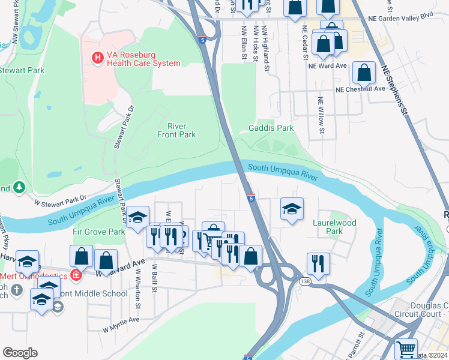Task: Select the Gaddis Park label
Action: tap(271, 128)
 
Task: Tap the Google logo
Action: tap(20, 353)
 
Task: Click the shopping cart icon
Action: tap(406, 347)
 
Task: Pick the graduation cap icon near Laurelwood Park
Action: tap(292, 209)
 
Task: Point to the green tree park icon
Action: tap(19, 188)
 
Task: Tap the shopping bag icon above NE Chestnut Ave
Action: tap(364, 73)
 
